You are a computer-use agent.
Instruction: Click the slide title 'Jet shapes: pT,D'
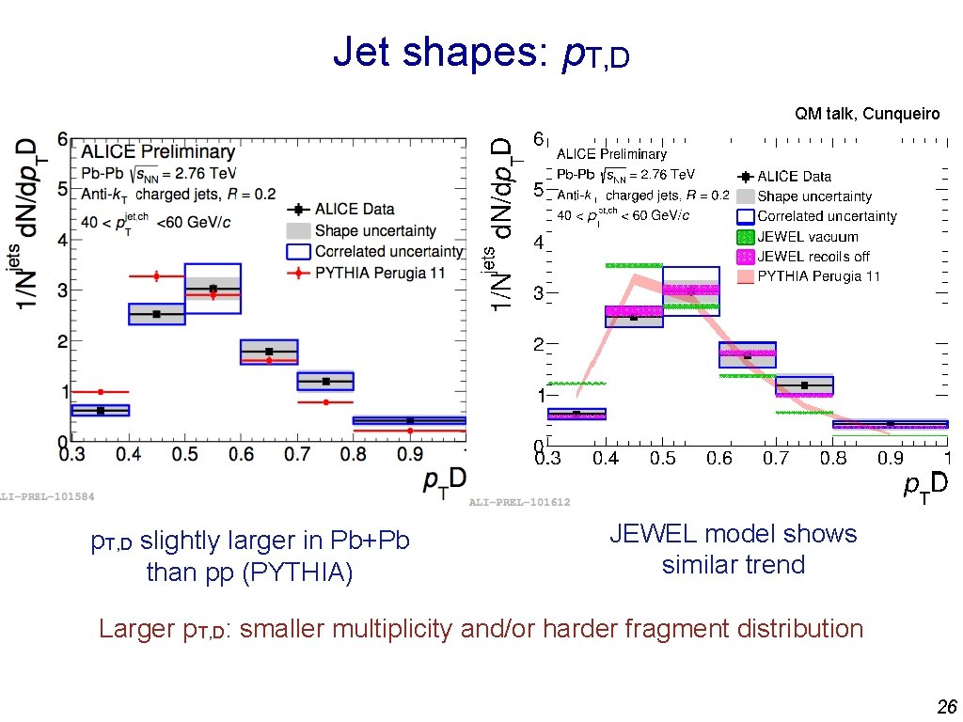(481, 54)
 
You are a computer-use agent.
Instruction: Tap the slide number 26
(945, 706)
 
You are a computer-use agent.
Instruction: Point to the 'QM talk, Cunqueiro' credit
(866, 114)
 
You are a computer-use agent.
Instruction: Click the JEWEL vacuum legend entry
(808, 237)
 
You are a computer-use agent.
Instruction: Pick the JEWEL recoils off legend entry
(813, 257)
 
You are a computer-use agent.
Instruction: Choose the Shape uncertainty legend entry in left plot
(375, 230)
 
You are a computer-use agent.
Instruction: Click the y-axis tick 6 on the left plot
(62, 138)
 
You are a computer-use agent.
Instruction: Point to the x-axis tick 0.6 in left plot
(242, 455)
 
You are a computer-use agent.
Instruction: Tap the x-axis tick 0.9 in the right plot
(890, 458)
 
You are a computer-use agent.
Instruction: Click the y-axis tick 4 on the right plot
(539, 242)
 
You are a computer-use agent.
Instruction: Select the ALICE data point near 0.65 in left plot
(269, 352)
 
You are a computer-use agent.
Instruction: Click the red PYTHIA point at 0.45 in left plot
(156, 276)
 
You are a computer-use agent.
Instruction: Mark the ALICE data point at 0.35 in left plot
(101, 410)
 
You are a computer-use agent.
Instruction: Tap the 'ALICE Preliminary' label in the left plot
(157, 151)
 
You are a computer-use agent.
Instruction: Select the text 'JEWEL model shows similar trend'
(733, 549)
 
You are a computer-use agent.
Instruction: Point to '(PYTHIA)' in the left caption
(297, 573)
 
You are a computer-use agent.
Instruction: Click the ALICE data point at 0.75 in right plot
(804, 385)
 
